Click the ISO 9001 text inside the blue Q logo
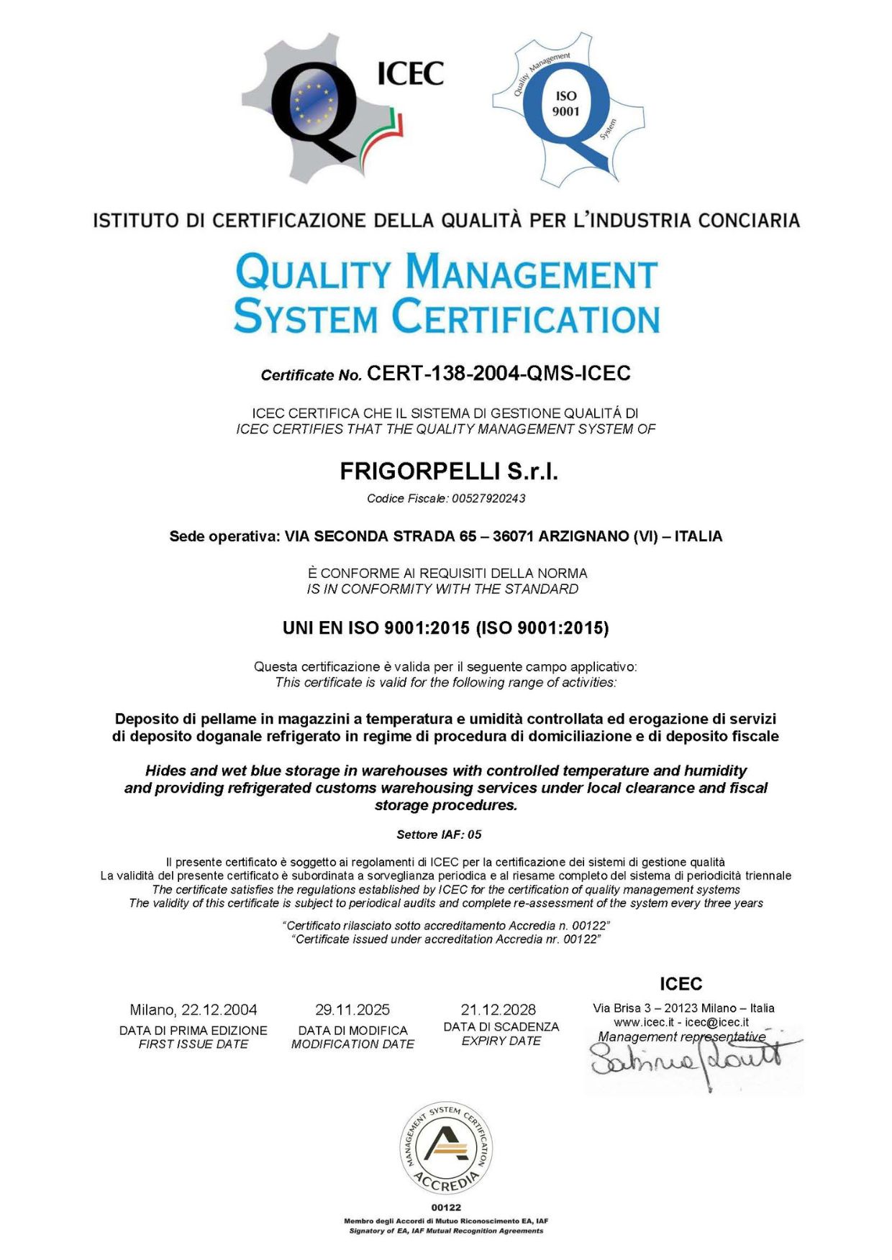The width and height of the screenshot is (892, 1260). coord(565,104)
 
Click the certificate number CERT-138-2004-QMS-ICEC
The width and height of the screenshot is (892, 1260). coord(498,373)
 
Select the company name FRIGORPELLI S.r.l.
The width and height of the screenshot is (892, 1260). coord(449,472)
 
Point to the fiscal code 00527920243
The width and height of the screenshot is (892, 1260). coord(488,498)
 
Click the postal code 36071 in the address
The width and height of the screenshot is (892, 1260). coord(513,536)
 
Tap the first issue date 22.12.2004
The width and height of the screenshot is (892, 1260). coord(219,1010)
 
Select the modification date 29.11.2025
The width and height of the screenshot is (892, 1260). coord(352,1010)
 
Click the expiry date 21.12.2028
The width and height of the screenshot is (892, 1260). coord(499,1010)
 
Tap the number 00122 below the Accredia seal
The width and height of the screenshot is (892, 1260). coord(446,1208)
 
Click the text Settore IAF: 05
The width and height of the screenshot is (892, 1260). coord(439,834)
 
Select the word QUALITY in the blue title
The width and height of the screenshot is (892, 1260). coord(313,274)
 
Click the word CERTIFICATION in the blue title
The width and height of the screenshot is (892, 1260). coord(526,317)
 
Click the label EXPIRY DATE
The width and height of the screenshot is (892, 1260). coord(501,1041)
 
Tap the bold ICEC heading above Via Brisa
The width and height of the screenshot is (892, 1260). coord(681,984)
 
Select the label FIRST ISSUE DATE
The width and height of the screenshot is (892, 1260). coord(193,1044)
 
